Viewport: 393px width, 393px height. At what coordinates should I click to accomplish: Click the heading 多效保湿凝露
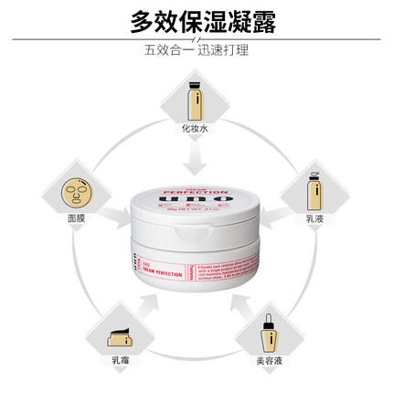point(196,20)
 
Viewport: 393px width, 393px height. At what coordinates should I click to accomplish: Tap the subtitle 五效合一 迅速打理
point(196,49)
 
